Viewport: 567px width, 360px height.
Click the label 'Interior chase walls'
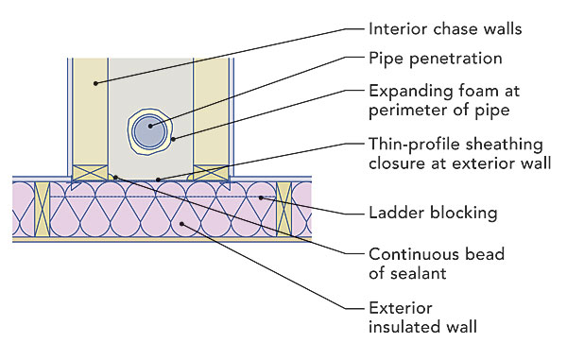445,29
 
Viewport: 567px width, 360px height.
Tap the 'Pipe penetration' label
436,59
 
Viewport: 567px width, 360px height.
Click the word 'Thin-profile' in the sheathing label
414,145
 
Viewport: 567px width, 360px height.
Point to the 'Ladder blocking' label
433,213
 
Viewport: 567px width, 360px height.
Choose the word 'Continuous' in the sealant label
414,254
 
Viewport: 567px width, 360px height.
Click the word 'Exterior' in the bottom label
401,308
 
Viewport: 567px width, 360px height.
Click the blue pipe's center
149,131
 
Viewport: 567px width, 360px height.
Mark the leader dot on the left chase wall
95,83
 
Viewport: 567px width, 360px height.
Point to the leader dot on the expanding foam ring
173,139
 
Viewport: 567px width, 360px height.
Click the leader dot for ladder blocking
261,197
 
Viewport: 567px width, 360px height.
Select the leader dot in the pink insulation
181,224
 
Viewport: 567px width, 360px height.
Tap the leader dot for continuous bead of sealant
115,178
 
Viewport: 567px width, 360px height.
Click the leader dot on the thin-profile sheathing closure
158,180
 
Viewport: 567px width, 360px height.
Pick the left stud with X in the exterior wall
42,209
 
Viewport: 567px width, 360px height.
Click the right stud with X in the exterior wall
283,209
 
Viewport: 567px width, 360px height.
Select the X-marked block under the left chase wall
91,173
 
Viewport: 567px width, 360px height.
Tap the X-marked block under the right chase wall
211,173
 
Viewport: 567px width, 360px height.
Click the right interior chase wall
211,111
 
